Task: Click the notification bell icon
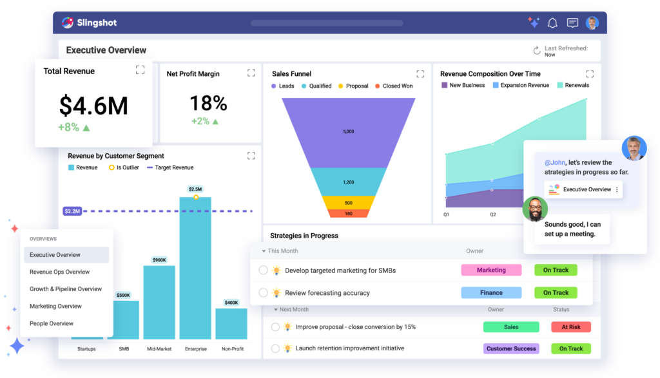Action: click(x=552, y=23)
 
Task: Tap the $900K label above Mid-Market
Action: click(x=159, y=260)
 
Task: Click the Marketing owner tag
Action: click(x=491, y=270)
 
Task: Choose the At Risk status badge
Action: click(x=570, y=327)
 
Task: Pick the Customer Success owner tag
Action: click(x=511, y=349)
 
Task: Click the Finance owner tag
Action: click(x=491, y=293)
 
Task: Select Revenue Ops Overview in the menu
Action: click(x=60, y=272)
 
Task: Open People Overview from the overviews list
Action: click(x=52, y=324)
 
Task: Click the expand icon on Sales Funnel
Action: click(x=420, y=74)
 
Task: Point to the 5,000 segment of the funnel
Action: click(x=348, y=131)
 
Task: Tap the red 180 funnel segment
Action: click(x=348, y=214)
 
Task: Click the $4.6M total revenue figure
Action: click(x=93, y=106)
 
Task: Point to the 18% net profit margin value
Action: click(x=208, y=103)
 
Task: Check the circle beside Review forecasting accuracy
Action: click(x=263, y=293)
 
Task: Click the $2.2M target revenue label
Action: click(x=72, y=211)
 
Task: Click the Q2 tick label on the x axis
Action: click(x=493, y=214)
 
